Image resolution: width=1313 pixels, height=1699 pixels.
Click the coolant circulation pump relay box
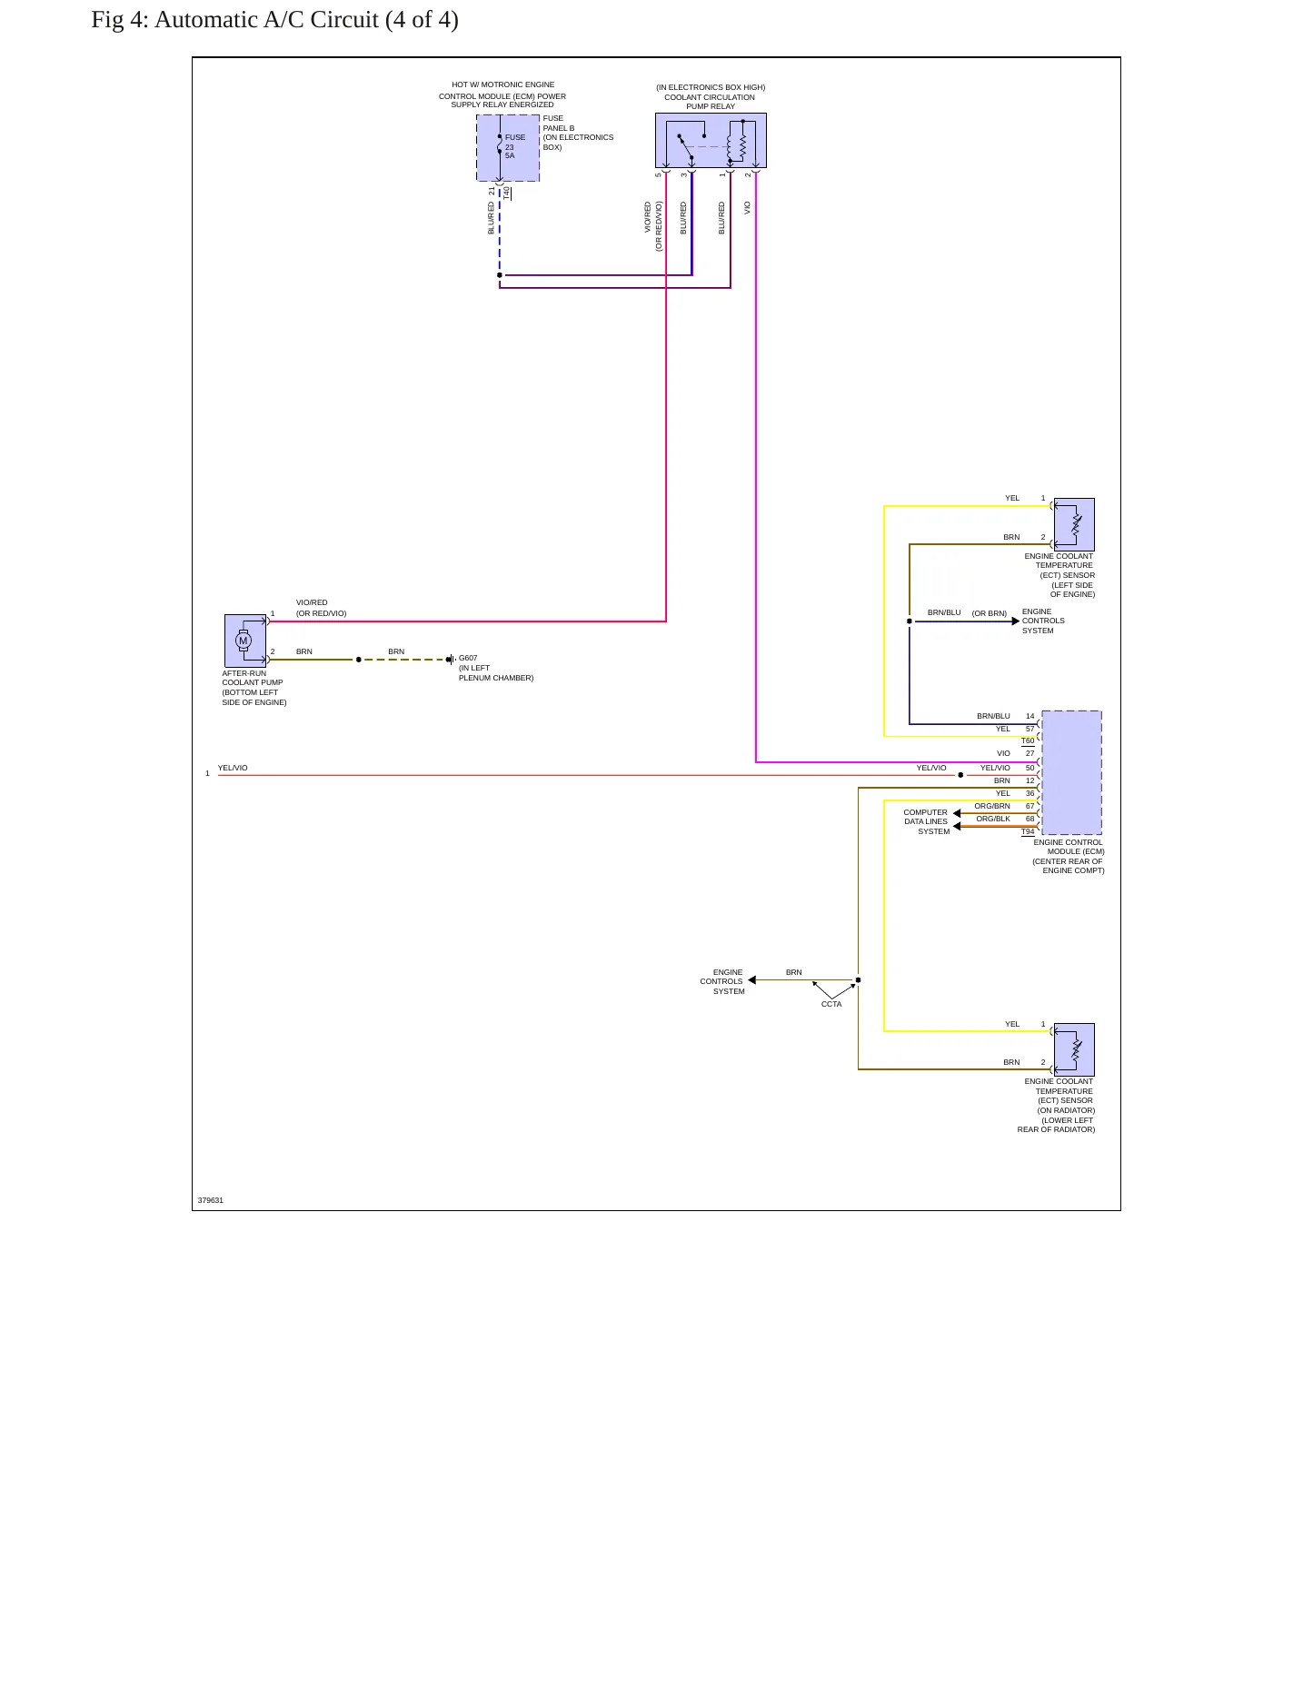coord(711,140)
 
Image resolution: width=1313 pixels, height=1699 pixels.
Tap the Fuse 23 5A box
coord(508,148)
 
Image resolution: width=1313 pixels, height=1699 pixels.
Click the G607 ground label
coord(468,658)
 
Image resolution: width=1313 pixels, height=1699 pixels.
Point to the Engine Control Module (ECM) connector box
coord(1071,772)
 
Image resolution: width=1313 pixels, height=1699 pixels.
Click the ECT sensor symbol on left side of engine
coord(1074,524)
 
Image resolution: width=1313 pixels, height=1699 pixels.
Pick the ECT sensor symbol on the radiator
coord(1074,1049)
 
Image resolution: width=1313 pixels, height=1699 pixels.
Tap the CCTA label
coord(831,1004)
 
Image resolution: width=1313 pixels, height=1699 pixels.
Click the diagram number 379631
coord(211,1200)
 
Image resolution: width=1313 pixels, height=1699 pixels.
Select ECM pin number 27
coord(1030,753)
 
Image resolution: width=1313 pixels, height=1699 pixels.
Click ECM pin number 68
coord(1030,819)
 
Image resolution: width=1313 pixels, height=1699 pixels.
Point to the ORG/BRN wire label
coord(992,806)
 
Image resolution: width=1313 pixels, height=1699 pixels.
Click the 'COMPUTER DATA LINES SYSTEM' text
coord(926,821)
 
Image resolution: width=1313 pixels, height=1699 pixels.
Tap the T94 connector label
coord(1028,831)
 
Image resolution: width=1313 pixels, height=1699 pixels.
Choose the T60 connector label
coord(1028,740)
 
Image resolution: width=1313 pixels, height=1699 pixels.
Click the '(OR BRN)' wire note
coord(990,613)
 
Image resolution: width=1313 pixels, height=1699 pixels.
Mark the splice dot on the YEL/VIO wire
coord(960,775)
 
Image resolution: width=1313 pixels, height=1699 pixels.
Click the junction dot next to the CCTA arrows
coord(858,980)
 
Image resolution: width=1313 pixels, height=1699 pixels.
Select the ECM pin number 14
coord(1030,716)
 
